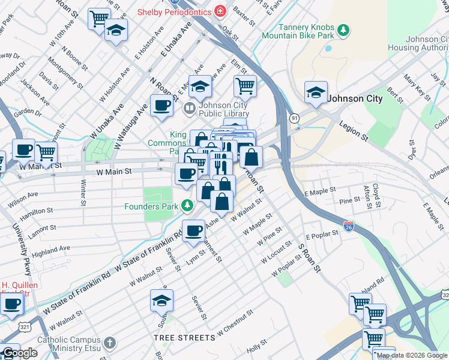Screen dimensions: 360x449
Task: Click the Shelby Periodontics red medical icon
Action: [220, 11]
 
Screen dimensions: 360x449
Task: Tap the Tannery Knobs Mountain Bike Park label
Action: [298, 31]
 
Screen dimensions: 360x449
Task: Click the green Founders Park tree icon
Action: [187, 206]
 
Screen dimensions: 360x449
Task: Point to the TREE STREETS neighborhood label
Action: [184, 338]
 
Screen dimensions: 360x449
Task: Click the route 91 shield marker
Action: [294, 118]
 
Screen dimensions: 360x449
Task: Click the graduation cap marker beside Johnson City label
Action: [316, 92]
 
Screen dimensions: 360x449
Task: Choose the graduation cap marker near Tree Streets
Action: [161, 300]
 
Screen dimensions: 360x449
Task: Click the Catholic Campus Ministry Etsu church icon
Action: [109, 343]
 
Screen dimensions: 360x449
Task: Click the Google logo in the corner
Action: [20, 353]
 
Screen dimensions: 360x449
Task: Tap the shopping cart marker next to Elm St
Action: [245, 86]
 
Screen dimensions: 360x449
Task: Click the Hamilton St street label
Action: [38, 212]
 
